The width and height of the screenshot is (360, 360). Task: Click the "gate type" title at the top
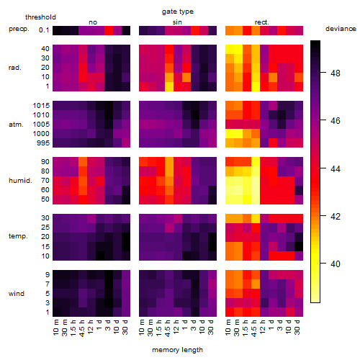coord(178,12)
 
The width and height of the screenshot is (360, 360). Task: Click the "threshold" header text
coord(40,17)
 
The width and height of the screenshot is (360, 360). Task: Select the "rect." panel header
coord(261,22)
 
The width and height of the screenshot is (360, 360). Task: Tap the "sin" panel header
coord(177,22)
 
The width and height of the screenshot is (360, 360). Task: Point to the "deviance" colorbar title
coord(341,29)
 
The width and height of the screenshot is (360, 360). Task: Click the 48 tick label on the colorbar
coord(335,73)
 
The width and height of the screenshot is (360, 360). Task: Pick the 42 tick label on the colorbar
coord(335,217)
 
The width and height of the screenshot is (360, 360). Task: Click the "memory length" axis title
coord(177,350)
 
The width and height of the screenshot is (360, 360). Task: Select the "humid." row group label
coord(20,181)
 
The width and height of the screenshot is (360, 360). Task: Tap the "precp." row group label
coord(19,29)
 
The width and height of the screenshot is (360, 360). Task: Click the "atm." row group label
coord(16,125)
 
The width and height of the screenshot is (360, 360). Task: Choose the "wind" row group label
coord(17,294)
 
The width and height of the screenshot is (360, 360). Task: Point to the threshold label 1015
coord(41,106)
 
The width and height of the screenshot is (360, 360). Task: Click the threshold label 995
coord(43,143)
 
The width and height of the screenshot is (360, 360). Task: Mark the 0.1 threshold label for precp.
coord(44,30)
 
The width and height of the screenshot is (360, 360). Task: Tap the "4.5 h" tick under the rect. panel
coord(255,328)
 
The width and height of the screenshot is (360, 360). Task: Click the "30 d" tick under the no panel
coord(125,327)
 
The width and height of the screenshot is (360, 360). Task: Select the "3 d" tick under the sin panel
coord(194,325)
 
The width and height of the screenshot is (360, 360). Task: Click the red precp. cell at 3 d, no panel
coord(109,30)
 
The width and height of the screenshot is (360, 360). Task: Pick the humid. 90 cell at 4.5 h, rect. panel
coord(256,162)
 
